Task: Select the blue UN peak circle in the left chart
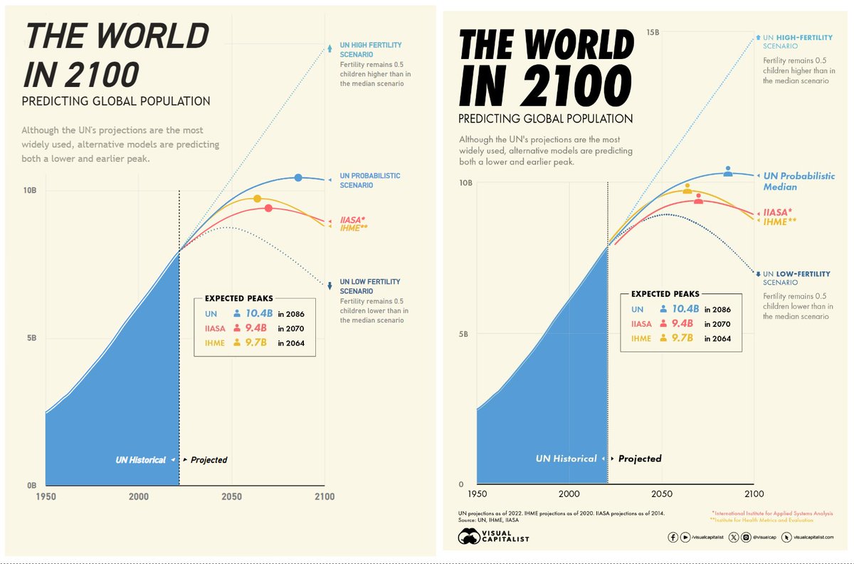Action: click(x=298, y=177)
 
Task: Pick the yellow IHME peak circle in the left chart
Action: click(x=258, y=199)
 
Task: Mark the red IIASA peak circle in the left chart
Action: click(x=268, y=208)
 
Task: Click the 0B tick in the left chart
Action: click(x=31, y=486)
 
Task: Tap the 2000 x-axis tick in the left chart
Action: click(x=138, y=496)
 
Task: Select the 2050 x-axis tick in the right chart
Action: click(x=661, y=493)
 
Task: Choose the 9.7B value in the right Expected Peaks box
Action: click(x=682, y=338)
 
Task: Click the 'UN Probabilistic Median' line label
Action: click(x=799, y=181)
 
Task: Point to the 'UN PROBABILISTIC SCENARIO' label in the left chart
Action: click(x=370, y=181)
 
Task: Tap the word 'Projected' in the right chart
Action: click(x=640, y=459)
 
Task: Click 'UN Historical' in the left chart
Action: click(x=140, y=460)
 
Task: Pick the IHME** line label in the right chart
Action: click(x=780, y=221)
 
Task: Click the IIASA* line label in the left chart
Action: click(x=352, y=219)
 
